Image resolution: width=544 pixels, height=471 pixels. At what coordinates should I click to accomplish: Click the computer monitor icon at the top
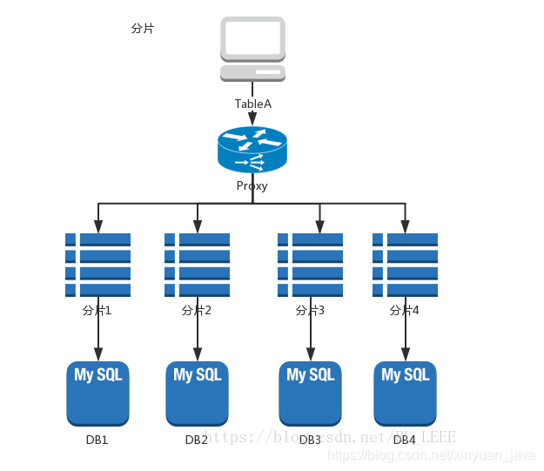click(252, 39)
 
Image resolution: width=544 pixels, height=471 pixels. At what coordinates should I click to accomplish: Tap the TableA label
click(252, 104)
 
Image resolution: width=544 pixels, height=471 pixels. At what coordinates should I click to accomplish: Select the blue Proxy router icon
click(252, 150)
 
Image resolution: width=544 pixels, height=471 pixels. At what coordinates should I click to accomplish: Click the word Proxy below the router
click(252, 185)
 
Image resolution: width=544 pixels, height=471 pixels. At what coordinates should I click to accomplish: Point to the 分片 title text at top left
click(143, 28)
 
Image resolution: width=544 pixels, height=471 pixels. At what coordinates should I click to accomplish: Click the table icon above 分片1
click(97, 265)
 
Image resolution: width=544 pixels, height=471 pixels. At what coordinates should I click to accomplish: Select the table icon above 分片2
click(197, 265)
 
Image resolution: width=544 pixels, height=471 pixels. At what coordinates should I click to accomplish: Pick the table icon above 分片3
click(310, 265)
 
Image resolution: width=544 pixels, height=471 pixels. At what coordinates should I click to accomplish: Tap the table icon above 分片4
click(405, 265)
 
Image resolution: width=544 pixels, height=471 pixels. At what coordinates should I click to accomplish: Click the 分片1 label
click(97, 310)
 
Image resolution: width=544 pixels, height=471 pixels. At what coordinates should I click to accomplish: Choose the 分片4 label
click(405, 310)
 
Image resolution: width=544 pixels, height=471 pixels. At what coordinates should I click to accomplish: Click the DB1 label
click(97, 440)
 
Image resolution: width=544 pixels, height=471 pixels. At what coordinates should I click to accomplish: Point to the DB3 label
click(310, 440)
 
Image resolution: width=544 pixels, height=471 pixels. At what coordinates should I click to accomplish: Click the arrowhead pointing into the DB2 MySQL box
click(198, 355)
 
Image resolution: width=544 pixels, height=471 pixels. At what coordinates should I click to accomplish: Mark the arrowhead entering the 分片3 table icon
click(319, 227)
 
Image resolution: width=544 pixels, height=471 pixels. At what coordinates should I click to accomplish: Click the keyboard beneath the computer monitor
click(252, 72)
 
